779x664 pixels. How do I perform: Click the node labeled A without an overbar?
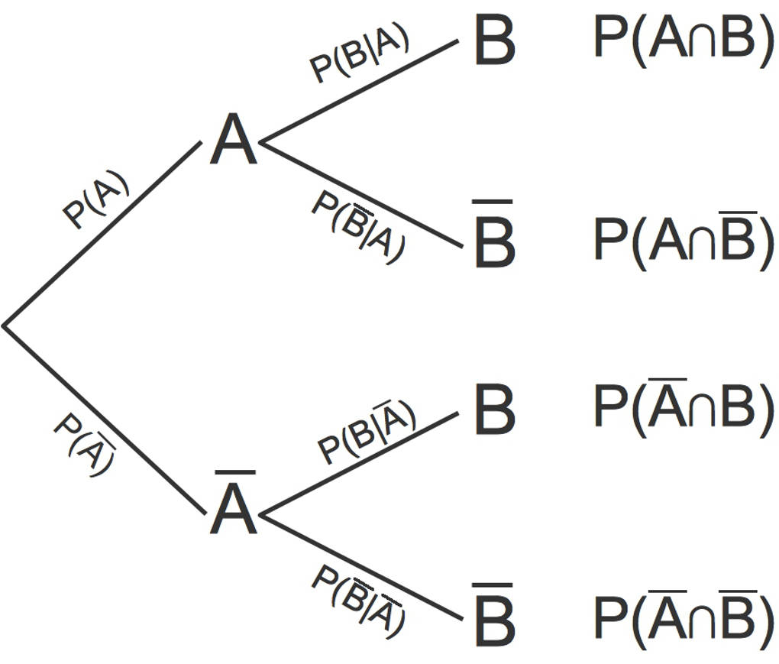tap(234, 142)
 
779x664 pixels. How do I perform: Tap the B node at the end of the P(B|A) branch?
tap(494, 41)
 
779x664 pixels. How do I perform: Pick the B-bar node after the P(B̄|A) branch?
tap(494, 240)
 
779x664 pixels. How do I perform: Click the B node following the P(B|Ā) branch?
tap(494, 410)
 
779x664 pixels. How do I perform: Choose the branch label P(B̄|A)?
tap(357, 225)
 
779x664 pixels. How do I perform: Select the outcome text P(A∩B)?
tap(684, 41)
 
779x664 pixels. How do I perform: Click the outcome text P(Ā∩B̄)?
tap(684, 617)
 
